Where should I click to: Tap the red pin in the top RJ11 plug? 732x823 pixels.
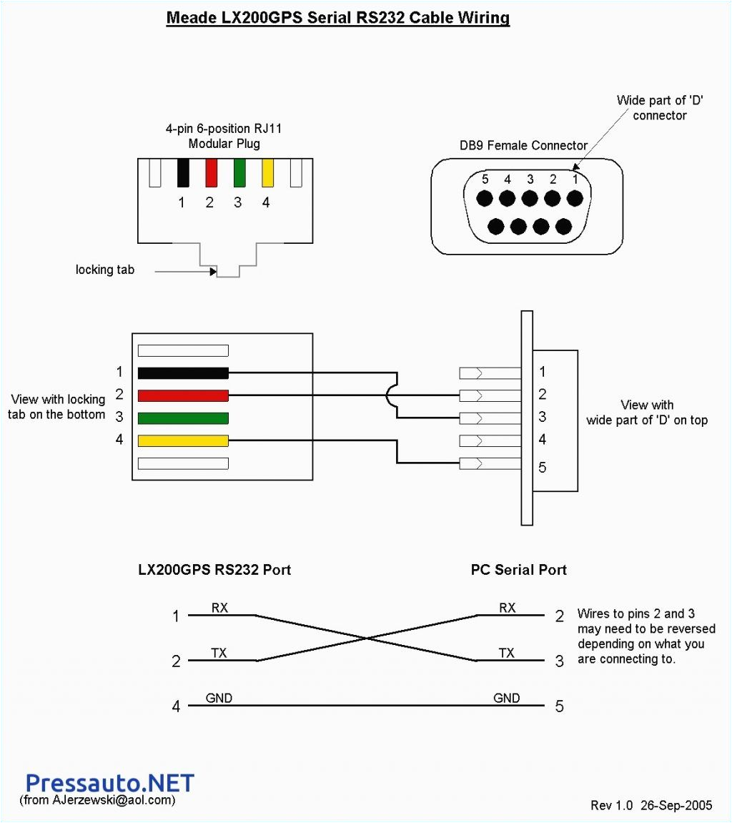tap(211, 172)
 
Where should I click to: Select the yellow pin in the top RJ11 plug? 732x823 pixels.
tap(268, 172)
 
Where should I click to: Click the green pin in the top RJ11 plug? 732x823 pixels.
tap(239, 172)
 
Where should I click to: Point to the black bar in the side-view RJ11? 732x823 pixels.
tap(183, 373)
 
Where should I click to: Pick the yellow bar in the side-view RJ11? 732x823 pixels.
tap(183, 440)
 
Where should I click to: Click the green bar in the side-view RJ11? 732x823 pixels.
tap(183, 418)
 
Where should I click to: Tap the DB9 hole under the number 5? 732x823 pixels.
tap(485, 199)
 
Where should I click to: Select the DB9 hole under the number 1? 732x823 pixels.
tap(575, 199)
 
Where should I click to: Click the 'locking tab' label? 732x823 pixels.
tap(104, 270)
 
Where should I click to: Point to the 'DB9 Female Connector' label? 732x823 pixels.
tap(523, 145)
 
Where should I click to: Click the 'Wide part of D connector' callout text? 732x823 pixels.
tap(660, 108)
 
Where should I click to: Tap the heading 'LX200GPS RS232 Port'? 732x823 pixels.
tap(214, 570)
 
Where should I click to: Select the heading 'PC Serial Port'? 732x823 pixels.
tap(518, 570)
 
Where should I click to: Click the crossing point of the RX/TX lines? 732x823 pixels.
tap(366, 638)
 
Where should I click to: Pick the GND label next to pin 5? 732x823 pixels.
tap(506, 698)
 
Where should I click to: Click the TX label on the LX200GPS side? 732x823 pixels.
tap(219, 653)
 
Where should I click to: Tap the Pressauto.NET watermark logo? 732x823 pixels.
tap(109, 782)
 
